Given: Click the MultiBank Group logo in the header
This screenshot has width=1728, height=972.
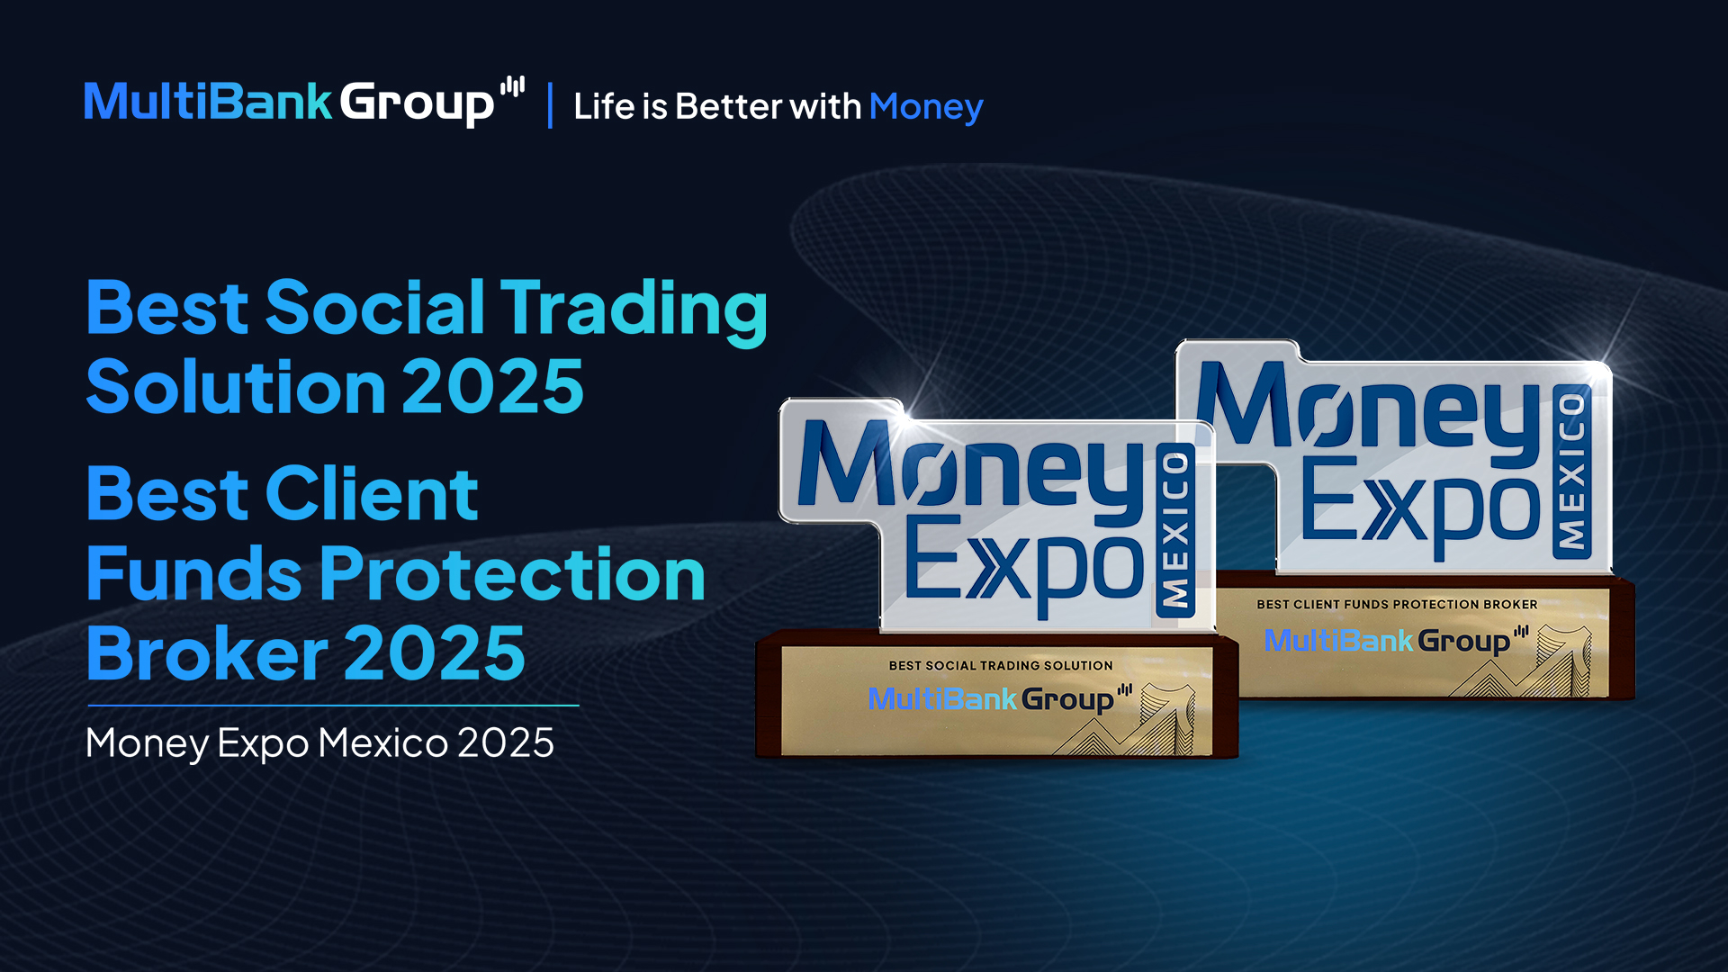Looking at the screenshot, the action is pos(304,102).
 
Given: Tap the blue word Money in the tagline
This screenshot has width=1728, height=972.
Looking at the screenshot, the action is pos(926,107).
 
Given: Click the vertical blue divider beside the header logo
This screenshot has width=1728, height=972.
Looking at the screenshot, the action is pos(550,105).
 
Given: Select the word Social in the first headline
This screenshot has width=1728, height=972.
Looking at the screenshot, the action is pos(375,308).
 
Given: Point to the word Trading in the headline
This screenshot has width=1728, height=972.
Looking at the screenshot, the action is pos(634,311).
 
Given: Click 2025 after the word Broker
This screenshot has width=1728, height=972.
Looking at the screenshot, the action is pos(435,653).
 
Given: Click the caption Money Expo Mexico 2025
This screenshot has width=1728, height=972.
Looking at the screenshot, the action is pos(319,743).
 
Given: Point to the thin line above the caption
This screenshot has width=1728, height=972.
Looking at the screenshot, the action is pos(333,706).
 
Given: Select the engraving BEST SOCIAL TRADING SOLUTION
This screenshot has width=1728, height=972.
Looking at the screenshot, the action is pos(1001,666).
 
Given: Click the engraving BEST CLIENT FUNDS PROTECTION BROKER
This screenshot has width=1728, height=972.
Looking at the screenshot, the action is pos(1397,605).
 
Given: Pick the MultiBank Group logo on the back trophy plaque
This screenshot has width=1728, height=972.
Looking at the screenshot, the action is pos(1396,640).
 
